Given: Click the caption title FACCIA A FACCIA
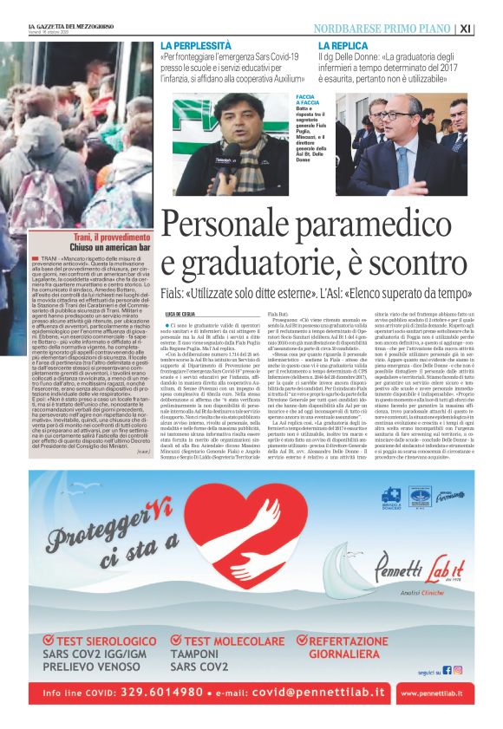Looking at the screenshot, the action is tap(308, 100).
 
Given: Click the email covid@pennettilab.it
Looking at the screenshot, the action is tap(314, 693).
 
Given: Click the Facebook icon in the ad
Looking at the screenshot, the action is tap(447, 669).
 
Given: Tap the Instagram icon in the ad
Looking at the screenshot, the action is tap(458, 669).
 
